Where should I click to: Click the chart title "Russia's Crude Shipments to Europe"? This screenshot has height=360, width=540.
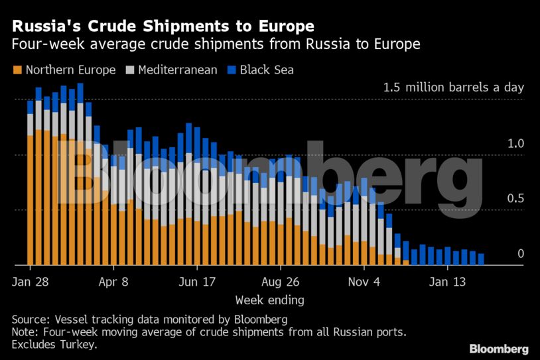(x=163, y=27)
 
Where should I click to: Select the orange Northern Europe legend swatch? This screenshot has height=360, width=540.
(x=17, y=70)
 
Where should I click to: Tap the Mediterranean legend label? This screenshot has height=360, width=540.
(x=177, y=70)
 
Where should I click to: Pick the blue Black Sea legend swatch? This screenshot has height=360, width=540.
(x=232, y=70)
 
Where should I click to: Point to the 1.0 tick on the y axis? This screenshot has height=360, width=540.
(x=516, y=143)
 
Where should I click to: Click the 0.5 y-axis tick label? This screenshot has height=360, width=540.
(x=516, y=199)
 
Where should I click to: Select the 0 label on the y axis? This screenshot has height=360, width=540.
(x=521, y=254)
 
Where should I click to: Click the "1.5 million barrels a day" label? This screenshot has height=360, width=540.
(x=453, y=88)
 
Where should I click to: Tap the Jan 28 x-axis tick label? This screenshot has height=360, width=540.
(x=30, y=281)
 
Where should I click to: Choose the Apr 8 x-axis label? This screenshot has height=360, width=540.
(x=113, y=281)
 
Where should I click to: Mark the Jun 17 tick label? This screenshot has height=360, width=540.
(x=197, y=281)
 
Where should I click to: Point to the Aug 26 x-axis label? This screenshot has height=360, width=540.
(x=281, y=281)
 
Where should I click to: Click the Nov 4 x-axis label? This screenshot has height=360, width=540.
(x=364, y=281)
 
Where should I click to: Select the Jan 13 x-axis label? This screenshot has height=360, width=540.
(x=447, y=281)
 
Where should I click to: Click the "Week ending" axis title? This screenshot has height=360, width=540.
(x=269, y=300)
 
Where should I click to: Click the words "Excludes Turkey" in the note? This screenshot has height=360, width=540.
(x=54, y=345)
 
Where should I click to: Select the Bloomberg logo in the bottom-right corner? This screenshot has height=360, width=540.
(x=499, y=349)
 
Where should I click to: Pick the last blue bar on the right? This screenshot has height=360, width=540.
(x=481, y=259)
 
